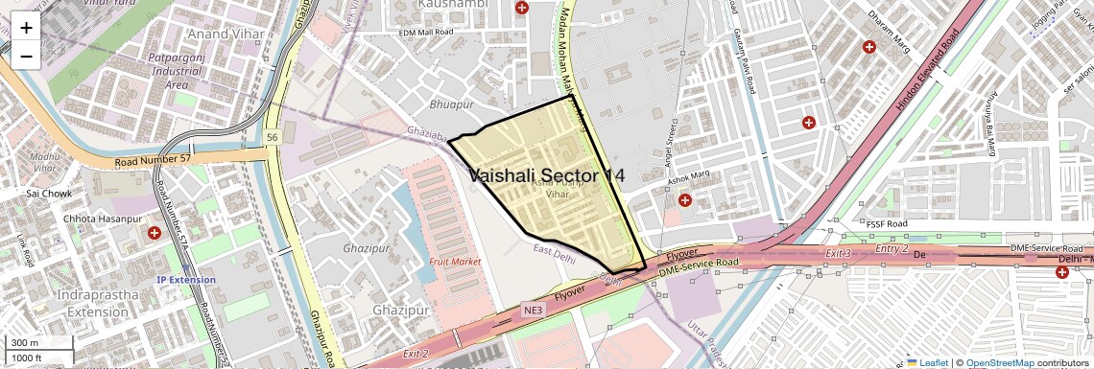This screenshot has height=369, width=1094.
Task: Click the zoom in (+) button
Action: tap(26, 27)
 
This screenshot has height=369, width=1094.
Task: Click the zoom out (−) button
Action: tap(26, 56)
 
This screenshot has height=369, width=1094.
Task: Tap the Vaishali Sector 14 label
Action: tap(546, 175)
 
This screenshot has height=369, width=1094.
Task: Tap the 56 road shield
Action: tap(273, 138)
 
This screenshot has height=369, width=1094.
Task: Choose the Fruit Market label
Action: tap(455, 261)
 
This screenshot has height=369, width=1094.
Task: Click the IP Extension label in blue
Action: tap(186, 280)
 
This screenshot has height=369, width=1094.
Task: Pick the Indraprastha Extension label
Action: tap(99, 303)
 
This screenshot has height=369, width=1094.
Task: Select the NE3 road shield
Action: tap(533, 311)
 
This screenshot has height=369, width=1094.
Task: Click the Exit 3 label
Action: tap(839, 253)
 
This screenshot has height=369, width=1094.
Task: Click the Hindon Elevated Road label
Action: tap(928, 73)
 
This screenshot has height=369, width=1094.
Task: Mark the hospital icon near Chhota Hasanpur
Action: tap(155, 233)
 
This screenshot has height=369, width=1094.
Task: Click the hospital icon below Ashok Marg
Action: tap(685, 200)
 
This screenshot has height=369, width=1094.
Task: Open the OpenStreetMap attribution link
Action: tap(999, 362)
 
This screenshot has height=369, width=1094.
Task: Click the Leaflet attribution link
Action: tap(928, 362)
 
